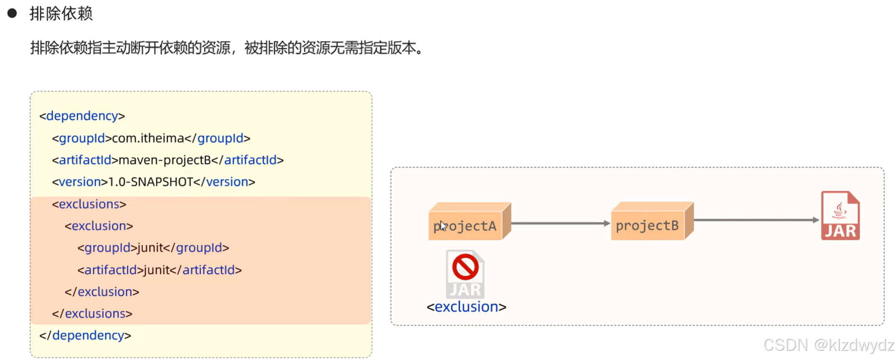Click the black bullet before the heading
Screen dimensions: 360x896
(x=12, y=13)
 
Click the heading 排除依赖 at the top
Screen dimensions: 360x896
(x=61, y=14)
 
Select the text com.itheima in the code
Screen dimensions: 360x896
(x=148, y=138)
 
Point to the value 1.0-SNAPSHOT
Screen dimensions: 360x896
(x=150, y=182)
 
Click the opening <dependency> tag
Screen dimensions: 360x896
(x=82, y=116)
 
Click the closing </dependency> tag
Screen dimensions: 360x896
(x=85, y=335)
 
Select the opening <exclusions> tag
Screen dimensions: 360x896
(x=89, y=204)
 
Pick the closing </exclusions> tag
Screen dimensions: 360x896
(x=92, y=314)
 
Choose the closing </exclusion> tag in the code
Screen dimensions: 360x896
(x=102, y=292)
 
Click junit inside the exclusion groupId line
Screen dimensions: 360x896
(x=150, y=248)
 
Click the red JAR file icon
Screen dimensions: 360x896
(x=840, y=216)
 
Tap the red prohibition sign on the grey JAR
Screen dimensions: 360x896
(x=465, y=267)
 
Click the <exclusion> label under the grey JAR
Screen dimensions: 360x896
(x=466, y=307)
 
